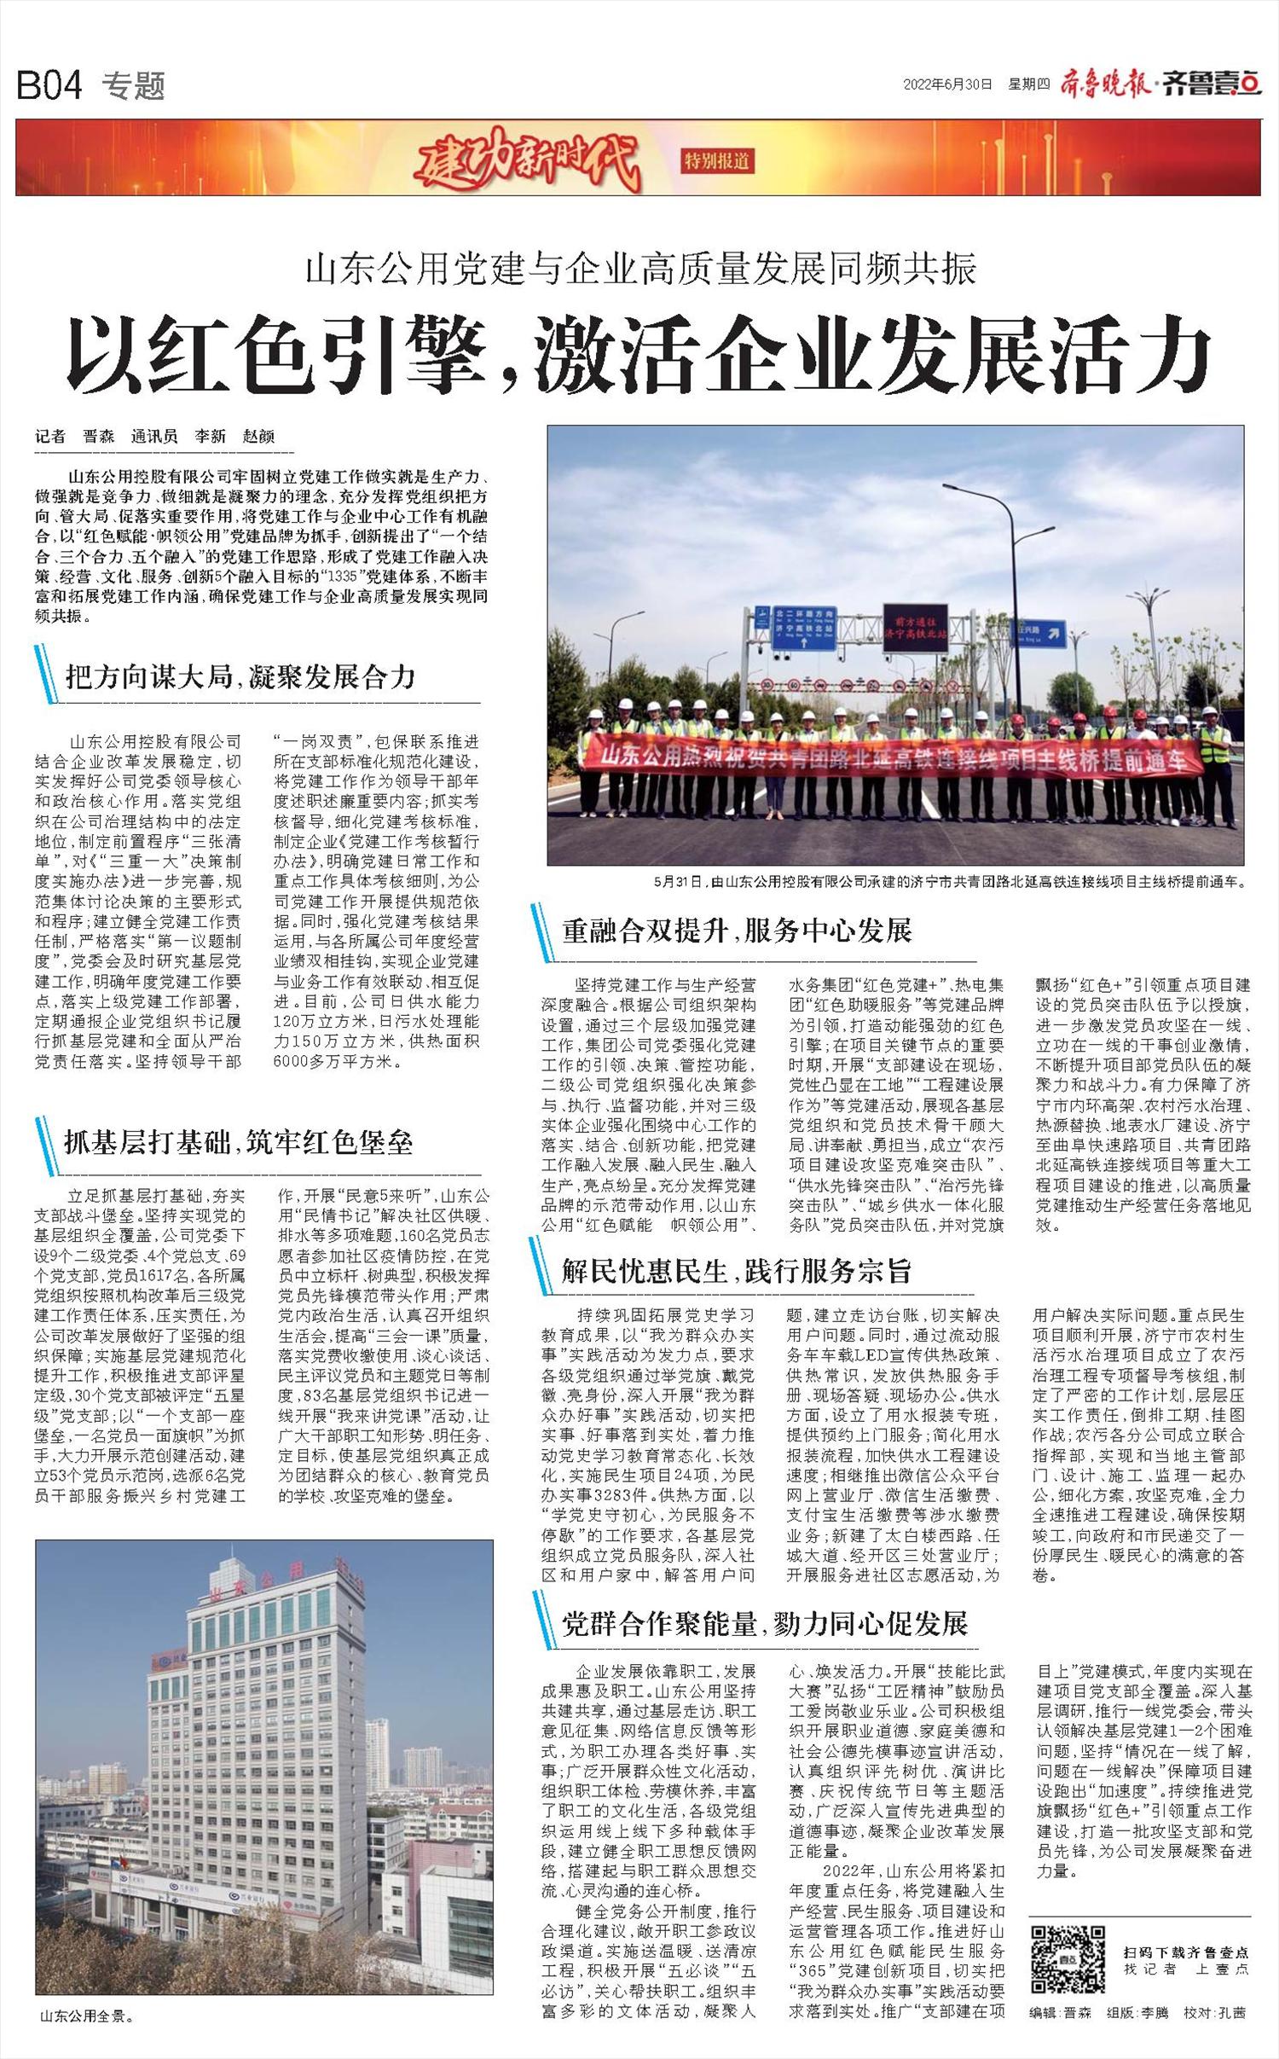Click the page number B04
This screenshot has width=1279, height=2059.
[49, 85]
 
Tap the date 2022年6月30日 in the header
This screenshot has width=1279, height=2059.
[948, 84]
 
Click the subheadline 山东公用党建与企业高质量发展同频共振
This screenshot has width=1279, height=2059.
[640, 270]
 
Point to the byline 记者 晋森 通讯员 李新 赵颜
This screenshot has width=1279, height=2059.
[155, 437]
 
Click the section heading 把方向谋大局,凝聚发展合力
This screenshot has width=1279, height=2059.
[240, 676]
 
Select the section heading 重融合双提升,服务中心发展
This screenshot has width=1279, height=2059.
[737, 930]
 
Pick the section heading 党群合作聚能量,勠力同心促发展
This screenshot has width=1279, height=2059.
[765, 1624]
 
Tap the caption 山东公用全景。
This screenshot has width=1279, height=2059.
[88, 2016]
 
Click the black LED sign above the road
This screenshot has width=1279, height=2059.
[915, 627]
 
